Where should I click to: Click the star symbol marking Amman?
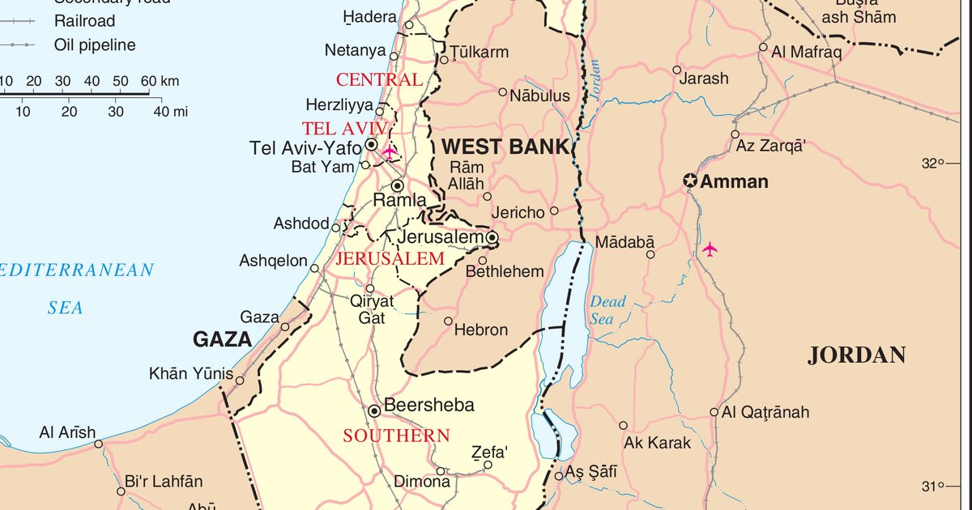pos(690,181)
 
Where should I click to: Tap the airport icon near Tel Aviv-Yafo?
pos(390,151)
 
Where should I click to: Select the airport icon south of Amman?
pos(710,249)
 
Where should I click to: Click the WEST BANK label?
pos(506,147)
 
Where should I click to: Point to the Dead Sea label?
pos(607,310)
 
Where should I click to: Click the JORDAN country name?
pos(856,355)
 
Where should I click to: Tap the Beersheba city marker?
pos(374,411)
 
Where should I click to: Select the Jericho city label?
pos(518,212)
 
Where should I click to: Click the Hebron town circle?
pos(448,321)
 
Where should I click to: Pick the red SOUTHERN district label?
pos(396,436)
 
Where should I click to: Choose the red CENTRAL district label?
pos(379,79)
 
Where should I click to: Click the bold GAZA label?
pos(222,340)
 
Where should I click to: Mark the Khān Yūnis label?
pos(191,374)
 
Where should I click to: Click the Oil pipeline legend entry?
pos(95,45)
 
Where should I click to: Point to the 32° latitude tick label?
pos(928,164)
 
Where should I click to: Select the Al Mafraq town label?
pos(807,53)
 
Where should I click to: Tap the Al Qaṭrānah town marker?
pos(714,412)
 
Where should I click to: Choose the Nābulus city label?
pos(539,96)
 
